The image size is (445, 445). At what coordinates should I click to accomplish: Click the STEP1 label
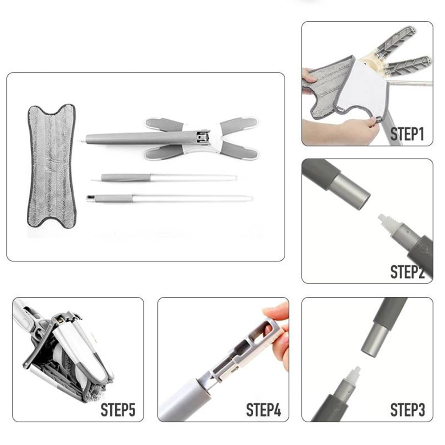point(407,134)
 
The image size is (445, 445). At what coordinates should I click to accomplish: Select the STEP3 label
point(408,410)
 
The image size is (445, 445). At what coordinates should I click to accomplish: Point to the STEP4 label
point(263,410)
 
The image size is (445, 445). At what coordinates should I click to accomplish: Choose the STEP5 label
point(118,410)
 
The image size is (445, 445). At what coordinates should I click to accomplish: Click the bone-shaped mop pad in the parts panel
point(52,166)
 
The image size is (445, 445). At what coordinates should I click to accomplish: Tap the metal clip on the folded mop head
point(202,136)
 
